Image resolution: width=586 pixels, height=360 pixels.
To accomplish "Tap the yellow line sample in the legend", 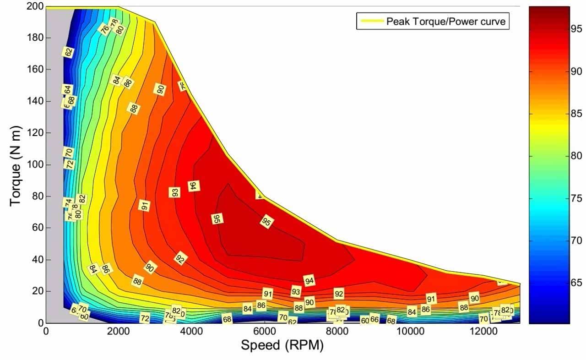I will [370, 21].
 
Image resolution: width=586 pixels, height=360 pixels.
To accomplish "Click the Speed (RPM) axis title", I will [282, 346].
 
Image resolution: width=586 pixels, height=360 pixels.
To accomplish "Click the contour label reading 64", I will [67, 90].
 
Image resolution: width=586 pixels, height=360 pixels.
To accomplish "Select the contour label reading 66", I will [374, 319].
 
